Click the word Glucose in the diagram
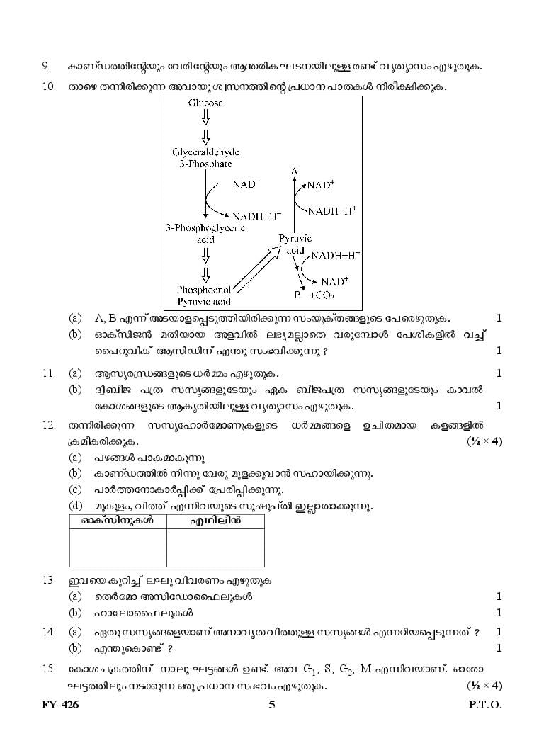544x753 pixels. coord(205,103)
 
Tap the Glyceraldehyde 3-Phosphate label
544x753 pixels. coord(205,158)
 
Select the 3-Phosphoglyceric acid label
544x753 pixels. coord(205,233)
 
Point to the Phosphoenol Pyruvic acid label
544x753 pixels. coord(204,296)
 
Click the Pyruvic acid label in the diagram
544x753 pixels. coord(295,244)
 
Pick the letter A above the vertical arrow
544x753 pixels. coord(295,171)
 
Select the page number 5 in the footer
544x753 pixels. coord(272,705)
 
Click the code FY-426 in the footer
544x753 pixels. coord(60,705)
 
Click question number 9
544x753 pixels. coord(45,66)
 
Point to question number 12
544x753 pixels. coord(49,425)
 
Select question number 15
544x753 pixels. coord(49,669)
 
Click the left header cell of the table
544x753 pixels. coord(118,521)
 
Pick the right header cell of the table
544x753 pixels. coord(215,521)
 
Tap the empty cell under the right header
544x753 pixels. coord(215,548)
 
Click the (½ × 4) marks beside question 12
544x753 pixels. coord(484,441)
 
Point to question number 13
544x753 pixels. coord(49,580)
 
